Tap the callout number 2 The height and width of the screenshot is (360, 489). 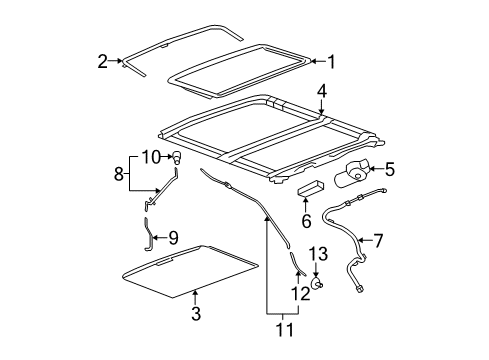coord(103,61)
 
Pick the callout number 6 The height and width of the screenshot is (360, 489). coord(307,219)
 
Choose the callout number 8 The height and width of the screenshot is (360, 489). coord(118,173)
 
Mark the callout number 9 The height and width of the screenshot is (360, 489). coord(173,239)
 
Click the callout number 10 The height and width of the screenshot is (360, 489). coord(150,156)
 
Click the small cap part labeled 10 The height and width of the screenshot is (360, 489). coord(177,157)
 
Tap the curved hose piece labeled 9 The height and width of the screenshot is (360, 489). coord(149,237)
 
